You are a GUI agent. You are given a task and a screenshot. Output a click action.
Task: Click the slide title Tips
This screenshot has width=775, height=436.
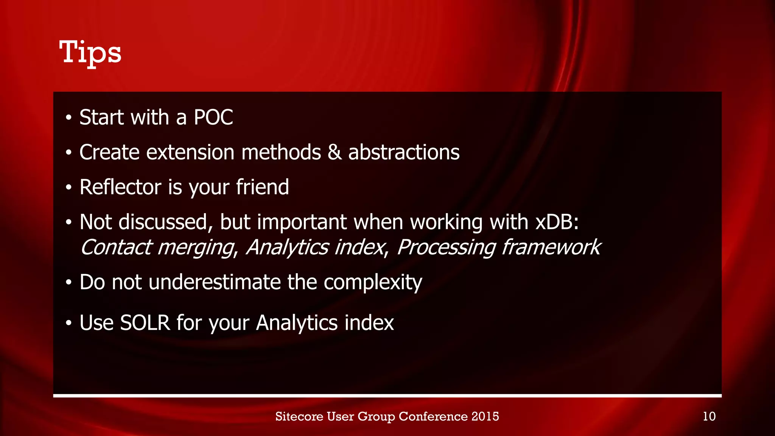click(x=90, y=53)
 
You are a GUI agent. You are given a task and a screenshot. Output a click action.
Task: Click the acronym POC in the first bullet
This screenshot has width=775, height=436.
click(x=213, y=117)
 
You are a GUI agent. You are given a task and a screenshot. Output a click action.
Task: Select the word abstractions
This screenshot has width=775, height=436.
click(x=404, y=152)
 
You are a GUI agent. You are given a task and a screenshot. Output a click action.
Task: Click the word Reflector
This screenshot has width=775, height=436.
click(x=120, y=187)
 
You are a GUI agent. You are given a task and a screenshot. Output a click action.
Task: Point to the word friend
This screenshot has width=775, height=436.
click(x=262, y=187)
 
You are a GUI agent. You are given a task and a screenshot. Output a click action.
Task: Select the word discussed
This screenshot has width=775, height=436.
click(x=163, y=222)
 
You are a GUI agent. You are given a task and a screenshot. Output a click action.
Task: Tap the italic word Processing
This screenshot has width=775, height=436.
click(x=446, y=248)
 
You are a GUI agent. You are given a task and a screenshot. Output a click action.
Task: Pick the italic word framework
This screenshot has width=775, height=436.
click(x=551, y=248)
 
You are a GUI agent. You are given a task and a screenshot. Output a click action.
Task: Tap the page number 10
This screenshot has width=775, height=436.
click(x=709, y=416)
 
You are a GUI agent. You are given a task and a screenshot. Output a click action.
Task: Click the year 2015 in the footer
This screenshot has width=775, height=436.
click(x=485, y=416)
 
